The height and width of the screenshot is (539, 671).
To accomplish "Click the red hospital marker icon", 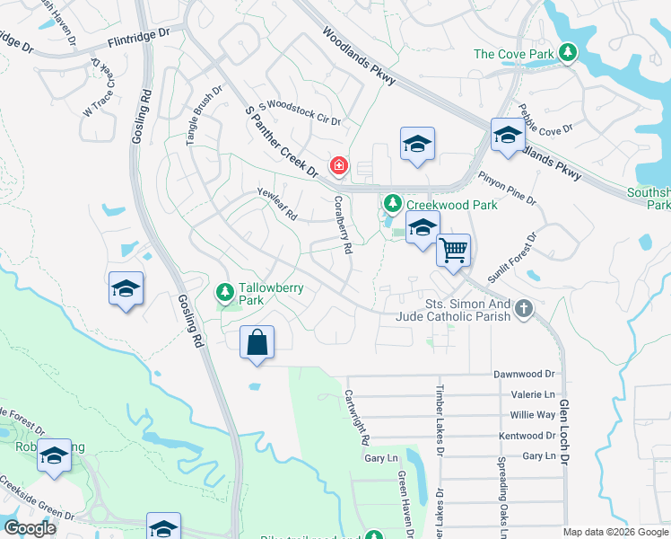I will pyautogui.click(x=338, y=165).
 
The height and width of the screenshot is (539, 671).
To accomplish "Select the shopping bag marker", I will pyautogui.click(x=257, y=342).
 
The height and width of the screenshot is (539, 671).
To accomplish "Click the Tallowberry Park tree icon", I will pyautogui.click(x=224, y=291).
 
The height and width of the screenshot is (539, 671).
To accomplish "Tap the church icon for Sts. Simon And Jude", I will pyautogui.click(x=524, y=311).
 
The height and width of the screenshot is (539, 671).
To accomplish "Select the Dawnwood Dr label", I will pyautogui.click(x=525, y=373).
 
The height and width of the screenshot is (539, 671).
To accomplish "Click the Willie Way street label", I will pyautogui.click(x=533, y=415).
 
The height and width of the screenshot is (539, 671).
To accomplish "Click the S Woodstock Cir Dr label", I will pyautogui.click(x=300, y=114).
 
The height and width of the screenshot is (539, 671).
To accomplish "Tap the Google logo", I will pyautogui.click(x=30, y=528).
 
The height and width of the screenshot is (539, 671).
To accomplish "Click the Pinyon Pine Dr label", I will pyautogui.click(x=508, y=190).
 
